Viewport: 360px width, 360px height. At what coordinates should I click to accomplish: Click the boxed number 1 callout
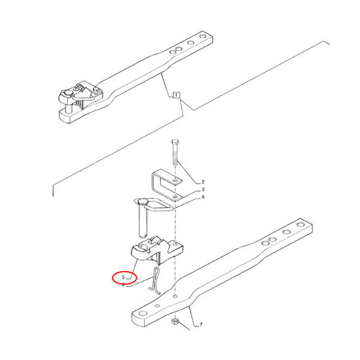coord(176,95)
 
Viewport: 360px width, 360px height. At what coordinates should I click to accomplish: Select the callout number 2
coord(203,181)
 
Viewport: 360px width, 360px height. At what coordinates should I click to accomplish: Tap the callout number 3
coord(203,189)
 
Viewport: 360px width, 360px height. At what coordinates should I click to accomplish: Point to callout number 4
coord(203,197)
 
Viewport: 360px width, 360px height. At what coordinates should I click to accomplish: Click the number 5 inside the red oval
coord(124,278)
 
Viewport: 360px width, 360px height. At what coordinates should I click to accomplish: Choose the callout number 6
coord(124,285)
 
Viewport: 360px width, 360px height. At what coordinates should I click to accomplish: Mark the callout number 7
coord(201,325)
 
